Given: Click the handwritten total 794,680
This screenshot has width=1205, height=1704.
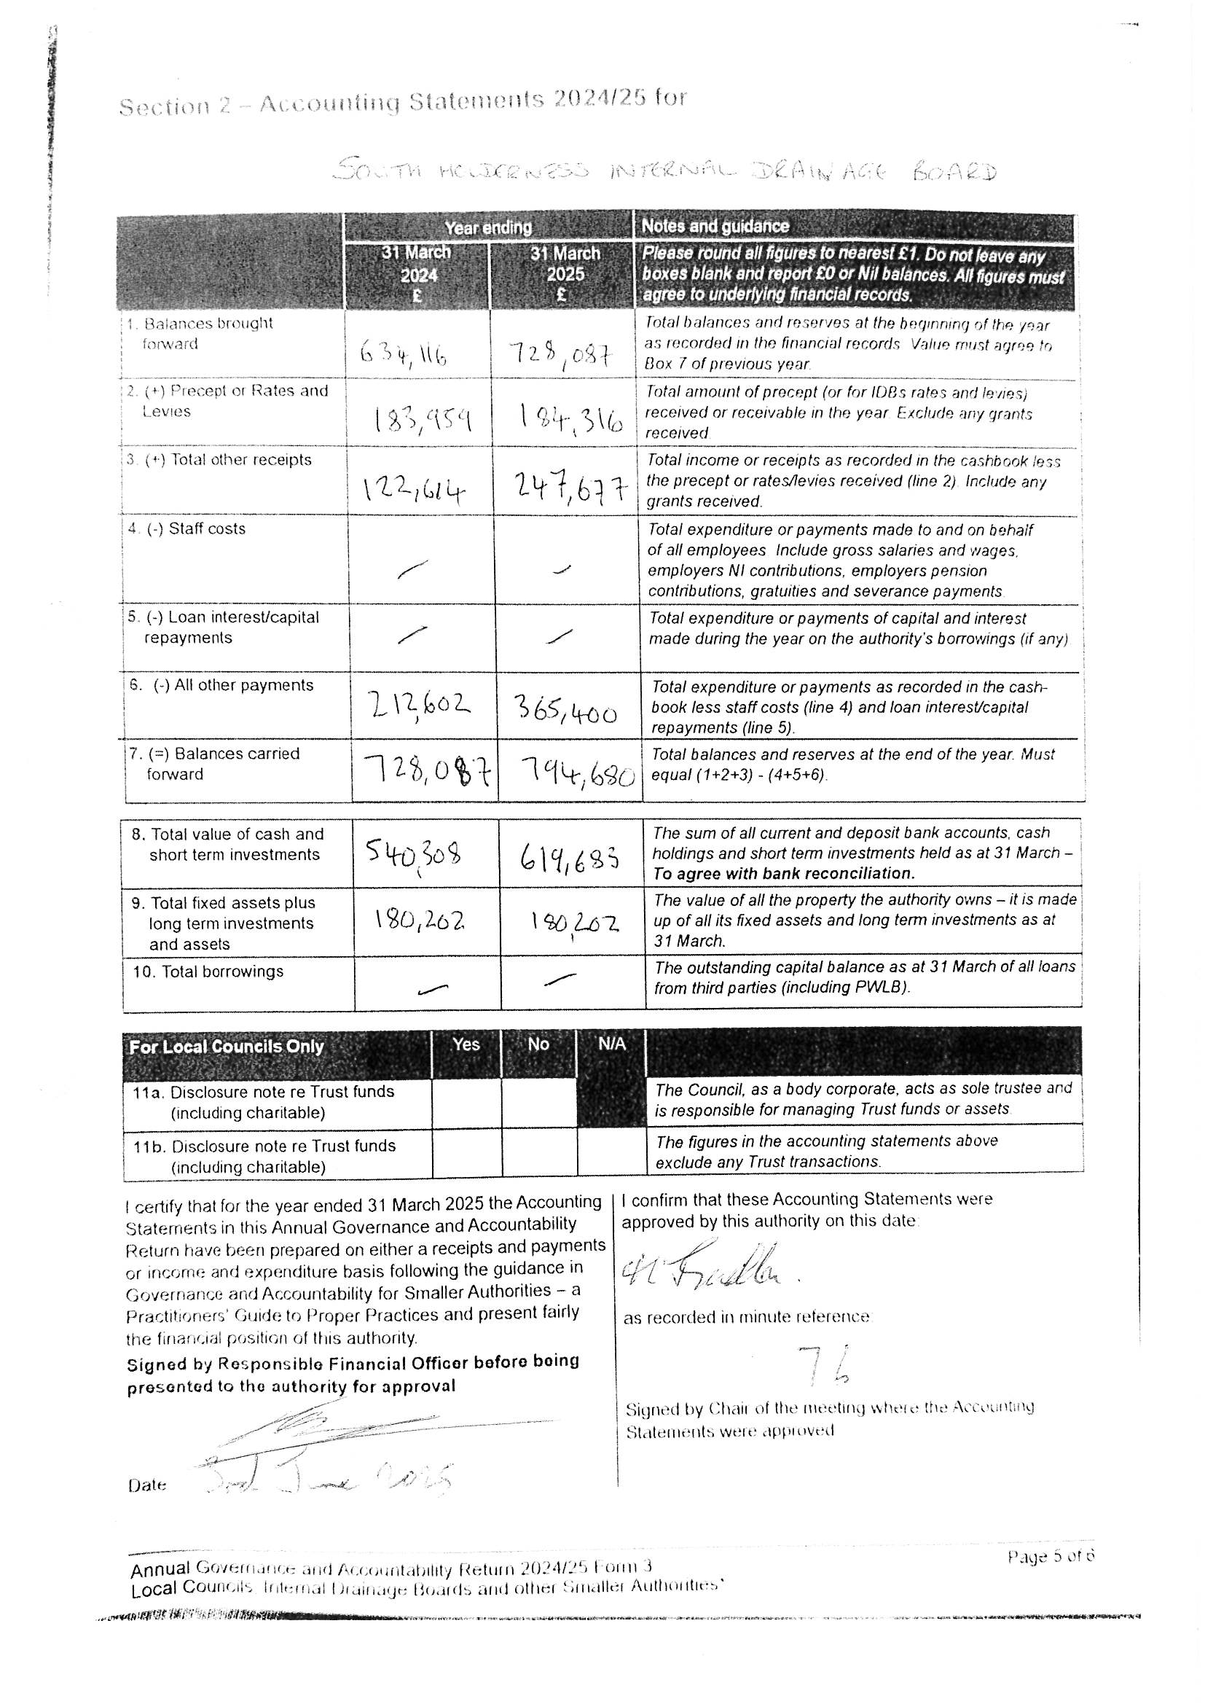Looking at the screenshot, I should [576, 775].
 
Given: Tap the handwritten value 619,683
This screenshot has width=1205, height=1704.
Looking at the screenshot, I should [569, 861].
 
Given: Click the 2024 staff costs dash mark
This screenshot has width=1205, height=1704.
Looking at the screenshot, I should [412, 569].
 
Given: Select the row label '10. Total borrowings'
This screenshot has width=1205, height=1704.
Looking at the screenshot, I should [208, 972].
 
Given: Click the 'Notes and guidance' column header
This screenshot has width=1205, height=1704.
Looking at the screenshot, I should [715, 226].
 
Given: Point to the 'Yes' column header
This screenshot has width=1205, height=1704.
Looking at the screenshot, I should [466, 1044].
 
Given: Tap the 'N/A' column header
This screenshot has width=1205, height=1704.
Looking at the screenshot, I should [611, 1044].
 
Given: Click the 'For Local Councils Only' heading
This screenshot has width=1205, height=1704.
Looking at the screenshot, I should [227, 1047].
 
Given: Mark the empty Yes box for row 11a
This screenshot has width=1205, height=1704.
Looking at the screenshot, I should [466, 1103].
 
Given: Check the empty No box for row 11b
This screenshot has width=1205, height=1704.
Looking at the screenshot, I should [538, 1156].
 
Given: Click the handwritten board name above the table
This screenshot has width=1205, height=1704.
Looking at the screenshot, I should [664, 171].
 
